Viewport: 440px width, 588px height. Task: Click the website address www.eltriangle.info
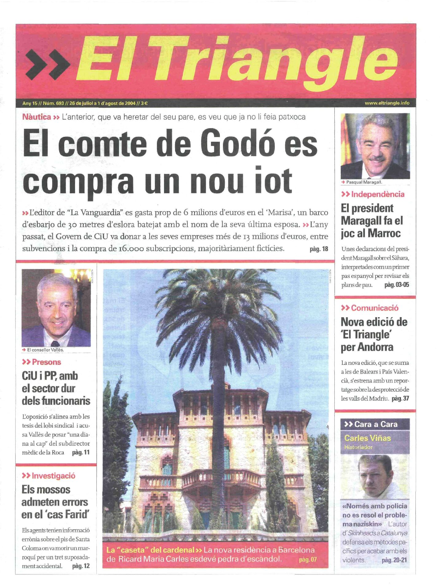point(387,103)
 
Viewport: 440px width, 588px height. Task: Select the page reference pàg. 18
point(319,249)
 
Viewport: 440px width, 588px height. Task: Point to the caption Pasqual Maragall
point(364,182)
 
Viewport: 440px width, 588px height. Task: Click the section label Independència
point(377,194)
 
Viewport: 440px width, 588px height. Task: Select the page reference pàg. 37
point(400,399)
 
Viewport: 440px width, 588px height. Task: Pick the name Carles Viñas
point(368,438)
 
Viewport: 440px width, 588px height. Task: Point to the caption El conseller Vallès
point(45,350)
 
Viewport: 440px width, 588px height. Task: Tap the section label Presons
point(46,362)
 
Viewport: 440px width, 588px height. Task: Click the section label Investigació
point(53,476)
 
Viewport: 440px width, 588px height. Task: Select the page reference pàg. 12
point(81,566)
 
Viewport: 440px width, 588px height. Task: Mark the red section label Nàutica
point(37,117)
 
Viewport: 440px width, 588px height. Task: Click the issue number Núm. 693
point(53,103)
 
